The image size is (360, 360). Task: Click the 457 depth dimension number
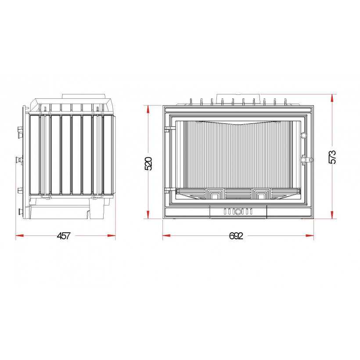pyautogui.click(x=63, y=236)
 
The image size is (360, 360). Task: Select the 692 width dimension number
pyautogui.click(x=236, y=236)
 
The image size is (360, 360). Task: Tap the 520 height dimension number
pyautogui.click(x=148, y=163)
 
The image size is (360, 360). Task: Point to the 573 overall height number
pyautogui.click(x=332, y=157)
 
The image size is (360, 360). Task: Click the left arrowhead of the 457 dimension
pyautogui.click(x=20, y=236)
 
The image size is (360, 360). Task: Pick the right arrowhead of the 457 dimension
pyautogui.click(x=112, y=236)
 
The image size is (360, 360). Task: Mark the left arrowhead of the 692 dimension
pyautogui.click(x=167, y=236)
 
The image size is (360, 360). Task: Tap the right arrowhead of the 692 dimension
pyautogui.click(x=310, y=236)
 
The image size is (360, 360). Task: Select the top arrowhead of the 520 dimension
pyautogui.click(x=148, y=109)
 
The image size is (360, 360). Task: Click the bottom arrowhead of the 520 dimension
pyautogui.click(x=148, y=215)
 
